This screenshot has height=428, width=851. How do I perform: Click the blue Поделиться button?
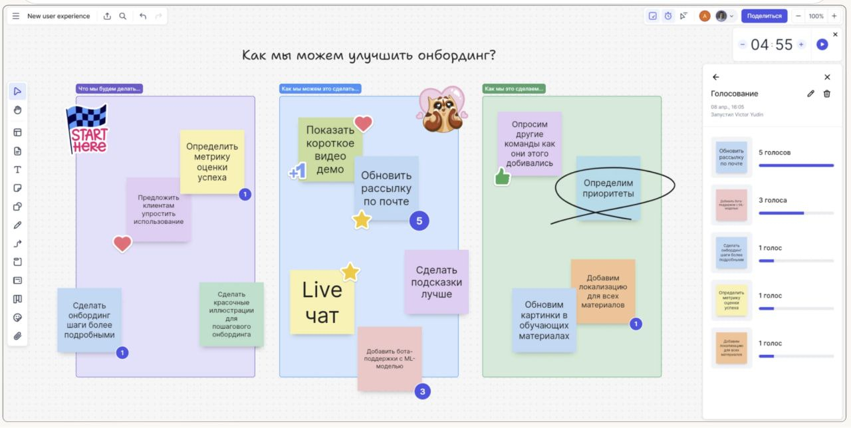[x=764, y=16]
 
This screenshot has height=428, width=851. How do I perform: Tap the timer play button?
[x=822, y=45]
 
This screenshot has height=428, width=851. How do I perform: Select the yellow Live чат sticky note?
[x=322, y=302]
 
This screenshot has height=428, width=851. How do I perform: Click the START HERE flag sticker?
[x=87, y=130]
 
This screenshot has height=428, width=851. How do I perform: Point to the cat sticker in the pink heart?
[x=441, y=110]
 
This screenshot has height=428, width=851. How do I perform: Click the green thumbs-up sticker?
[x=501, y=176]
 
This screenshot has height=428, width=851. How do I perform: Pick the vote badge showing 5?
[x=419, y=221]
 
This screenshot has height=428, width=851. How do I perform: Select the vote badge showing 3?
[x=422, y=391]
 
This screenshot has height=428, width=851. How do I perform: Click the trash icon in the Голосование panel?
[x=827, y=94]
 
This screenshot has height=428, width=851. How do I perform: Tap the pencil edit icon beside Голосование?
[x=810, y=94]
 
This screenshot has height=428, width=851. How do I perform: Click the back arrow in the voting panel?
[x=716, y=77]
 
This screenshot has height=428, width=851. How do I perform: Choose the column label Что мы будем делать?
[x=109, y=88]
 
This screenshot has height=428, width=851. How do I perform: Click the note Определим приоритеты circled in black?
[x=608, y=188]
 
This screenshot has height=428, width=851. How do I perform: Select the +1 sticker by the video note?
[x=297, y=172]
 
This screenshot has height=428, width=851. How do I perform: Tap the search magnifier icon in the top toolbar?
[x=123, y=16]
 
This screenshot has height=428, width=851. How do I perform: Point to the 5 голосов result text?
[x=775, y=152]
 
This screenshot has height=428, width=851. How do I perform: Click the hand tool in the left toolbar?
[x=18, y=110]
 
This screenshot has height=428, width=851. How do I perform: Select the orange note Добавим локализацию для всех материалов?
[x=602, y=291]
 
